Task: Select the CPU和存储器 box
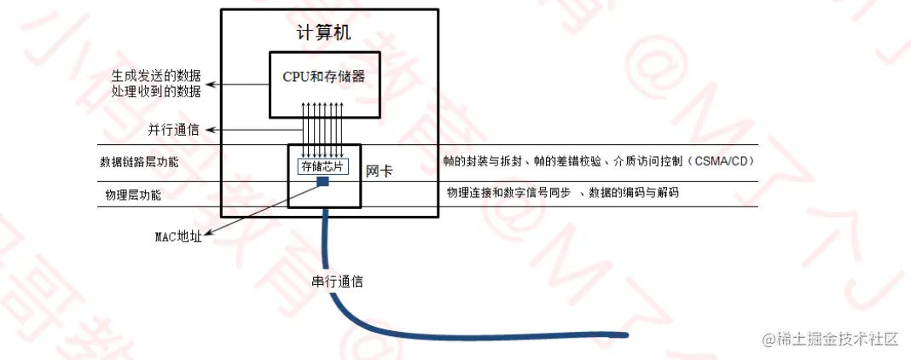click(323, 77)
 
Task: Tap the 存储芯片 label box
click(322, 167)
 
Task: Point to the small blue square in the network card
click(323, 181)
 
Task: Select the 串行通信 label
click(337, 281)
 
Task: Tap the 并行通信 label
click(173, 130)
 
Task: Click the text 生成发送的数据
click(162, 75)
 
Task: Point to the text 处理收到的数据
click(162, 90)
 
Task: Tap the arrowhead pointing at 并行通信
click(211, 130)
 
